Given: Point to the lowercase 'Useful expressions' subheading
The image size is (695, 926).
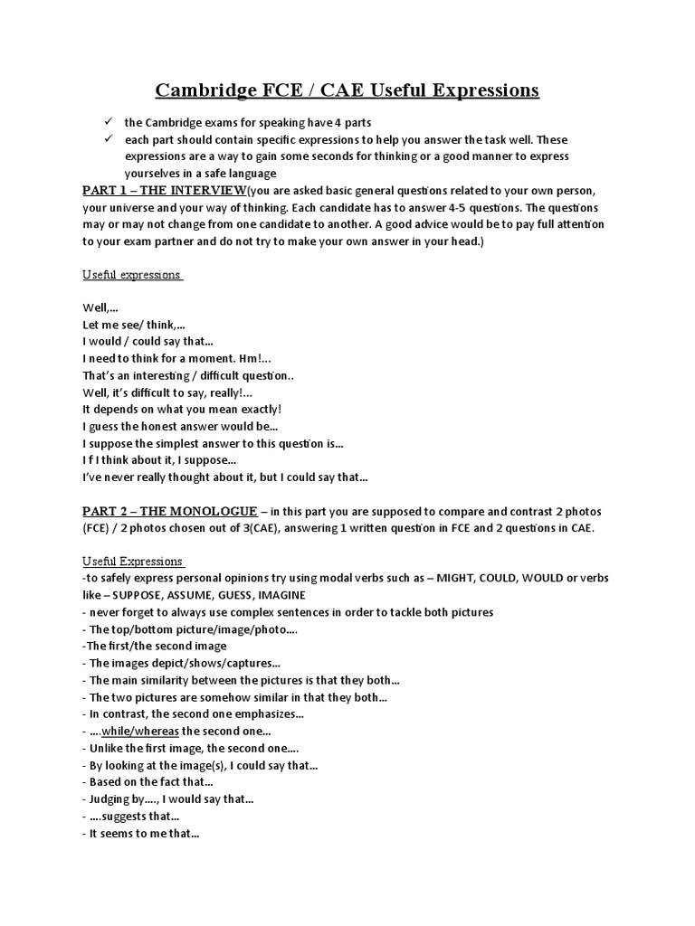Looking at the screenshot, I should click(x=132, y=274).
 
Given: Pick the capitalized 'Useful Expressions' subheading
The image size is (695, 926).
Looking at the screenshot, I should click(x=132, y=561).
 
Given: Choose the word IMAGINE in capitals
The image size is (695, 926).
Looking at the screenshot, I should click(x=281, y=595).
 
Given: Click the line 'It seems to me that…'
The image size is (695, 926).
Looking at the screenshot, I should click(x=143, y=834).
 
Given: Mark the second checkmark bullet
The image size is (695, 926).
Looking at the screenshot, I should click(x=107, y=139).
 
